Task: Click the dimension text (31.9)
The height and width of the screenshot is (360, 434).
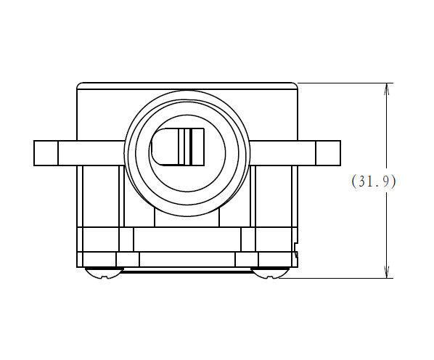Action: [x=374, y=181]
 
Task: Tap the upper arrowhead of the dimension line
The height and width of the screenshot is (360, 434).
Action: [x=387, y=89]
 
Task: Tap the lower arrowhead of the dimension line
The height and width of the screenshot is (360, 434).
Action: [x=387, y=272]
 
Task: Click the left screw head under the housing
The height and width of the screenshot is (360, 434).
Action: [x=104, y=273]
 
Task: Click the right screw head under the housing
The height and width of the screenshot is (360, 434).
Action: [x=270, y=273]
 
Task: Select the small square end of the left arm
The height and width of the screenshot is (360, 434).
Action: [x=46, y=153]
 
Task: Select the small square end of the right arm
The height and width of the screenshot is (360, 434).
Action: [x=328, y=153]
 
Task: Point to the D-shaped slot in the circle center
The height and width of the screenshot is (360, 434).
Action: [x=177, y=147]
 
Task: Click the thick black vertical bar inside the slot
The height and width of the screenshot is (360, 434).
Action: [x=191, y=147]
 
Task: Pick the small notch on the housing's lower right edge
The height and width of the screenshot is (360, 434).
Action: [x=296, y=250]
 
